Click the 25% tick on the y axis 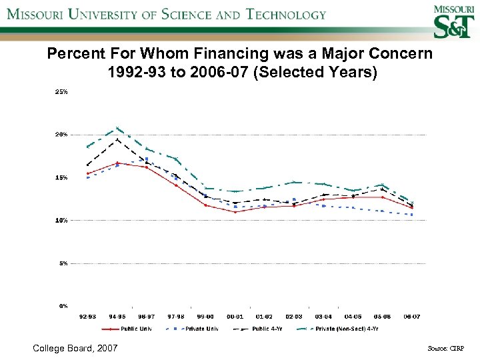coord(61,92)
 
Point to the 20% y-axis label coord(61,135)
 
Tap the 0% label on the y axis coord(63,306)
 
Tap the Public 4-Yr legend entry coord(267,329)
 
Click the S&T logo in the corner coord(447,24)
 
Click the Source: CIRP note coord(446,349)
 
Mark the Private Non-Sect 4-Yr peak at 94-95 coord(117,129)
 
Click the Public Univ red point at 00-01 coord(235,212)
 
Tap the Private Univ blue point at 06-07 coord(412,215)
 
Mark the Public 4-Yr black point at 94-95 coord(117,139)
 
